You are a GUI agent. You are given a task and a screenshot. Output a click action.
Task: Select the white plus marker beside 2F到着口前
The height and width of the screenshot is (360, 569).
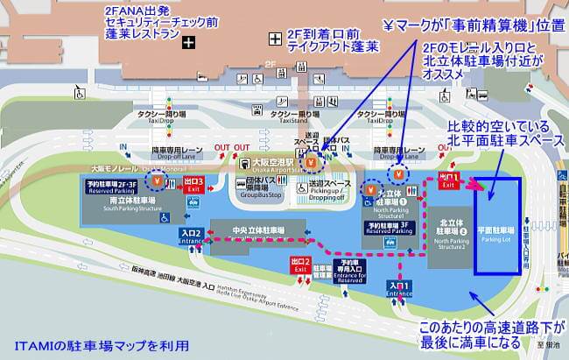276,38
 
